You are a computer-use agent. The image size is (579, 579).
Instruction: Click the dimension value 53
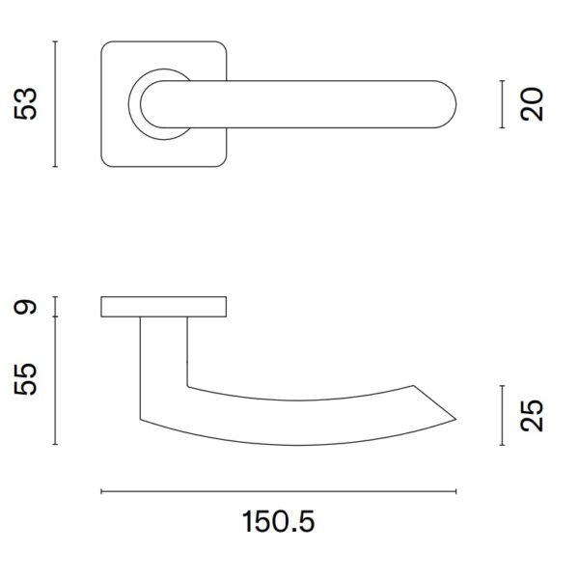[x=26, y=104]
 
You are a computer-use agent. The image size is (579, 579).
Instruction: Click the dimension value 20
[x=532, y=104]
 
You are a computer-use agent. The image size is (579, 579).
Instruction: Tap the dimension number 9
[x=25, y=307]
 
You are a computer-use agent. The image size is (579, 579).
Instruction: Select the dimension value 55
[x=26, y=379]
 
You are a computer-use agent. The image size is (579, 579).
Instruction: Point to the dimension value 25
[x=532, y=415]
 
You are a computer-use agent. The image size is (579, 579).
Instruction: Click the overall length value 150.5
[x=279, y=521]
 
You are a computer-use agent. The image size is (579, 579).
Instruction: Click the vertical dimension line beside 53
[x=55, y=104]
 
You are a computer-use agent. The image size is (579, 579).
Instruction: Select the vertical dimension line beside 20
[x=502, y=104]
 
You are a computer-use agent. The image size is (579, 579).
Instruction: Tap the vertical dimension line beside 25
[x=502, y=415]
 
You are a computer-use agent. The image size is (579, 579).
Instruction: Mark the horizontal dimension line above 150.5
[x=279, y=491]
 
